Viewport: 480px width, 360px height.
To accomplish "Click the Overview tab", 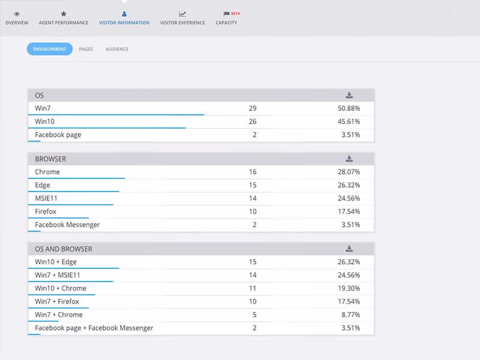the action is (17, 19).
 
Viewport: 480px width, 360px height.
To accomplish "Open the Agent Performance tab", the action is (64, 19).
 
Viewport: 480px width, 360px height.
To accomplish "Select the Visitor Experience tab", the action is (182, 19).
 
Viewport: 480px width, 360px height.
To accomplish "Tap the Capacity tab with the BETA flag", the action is (227, 19).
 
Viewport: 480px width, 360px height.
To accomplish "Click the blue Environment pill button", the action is (50, 49).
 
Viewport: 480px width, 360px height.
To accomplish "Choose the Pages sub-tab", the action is (86, 49).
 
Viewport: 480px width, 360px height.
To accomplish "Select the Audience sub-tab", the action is (117, 49).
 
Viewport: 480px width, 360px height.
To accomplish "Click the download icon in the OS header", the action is (349, 95).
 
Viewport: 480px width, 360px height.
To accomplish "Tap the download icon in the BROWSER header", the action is (349, 158).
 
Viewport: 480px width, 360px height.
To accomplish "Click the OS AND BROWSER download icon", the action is (349, 248).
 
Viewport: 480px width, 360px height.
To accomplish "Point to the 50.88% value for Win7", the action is (349, 109).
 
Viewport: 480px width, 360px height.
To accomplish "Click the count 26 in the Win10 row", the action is (253, 122).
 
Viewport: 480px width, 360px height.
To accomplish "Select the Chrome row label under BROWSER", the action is (47, 172).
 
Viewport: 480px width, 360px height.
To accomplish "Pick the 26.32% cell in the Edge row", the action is (349, 185).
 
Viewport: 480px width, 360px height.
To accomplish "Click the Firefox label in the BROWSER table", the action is (46, 212).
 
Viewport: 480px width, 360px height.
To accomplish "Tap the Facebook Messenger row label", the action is (67, 225).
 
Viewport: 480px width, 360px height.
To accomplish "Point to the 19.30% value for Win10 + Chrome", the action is (349, 289).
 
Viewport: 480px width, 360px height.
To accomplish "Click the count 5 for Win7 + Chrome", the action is (254, 314).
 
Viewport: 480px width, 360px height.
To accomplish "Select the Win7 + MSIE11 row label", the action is (58, 275).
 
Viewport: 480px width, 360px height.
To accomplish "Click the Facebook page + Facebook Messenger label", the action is (94, 328).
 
